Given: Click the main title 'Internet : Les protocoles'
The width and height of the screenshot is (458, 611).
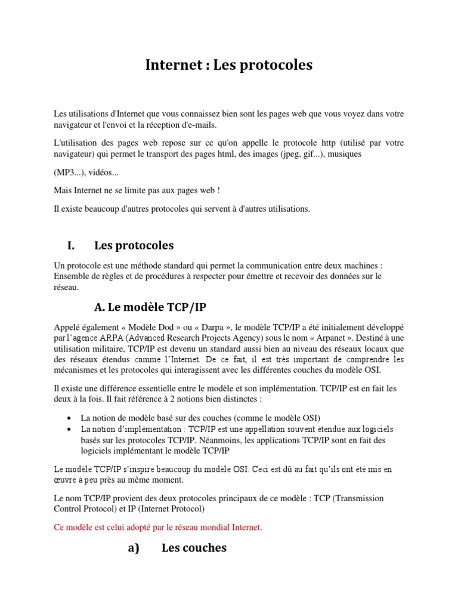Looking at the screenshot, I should [x=229, y=65].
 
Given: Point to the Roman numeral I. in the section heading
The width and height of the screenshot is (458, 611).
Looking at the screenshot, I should [x=72, y=245].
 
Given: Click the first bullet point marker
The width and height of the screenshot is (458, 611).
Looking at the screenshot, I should [x=70, y=418].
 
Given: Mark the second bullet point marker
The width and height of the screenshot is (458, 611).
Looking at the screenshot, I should [x=70, y=430].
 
